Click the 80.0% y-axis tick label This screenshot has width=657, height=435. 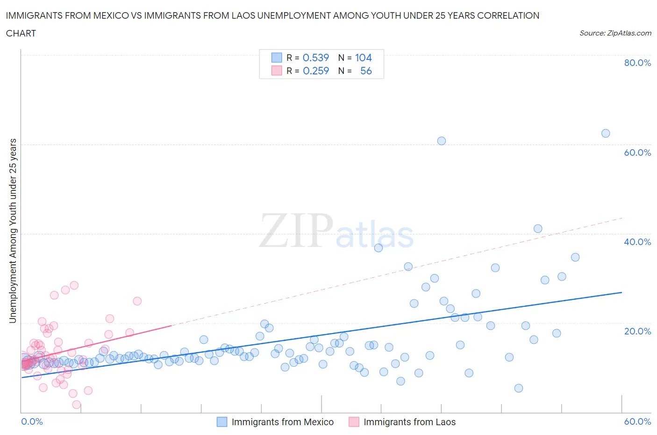(637, 63)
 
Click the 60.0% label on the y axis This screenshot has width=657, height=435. (637, 152)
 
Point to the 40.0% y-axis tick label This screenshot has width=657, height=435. (637, 242)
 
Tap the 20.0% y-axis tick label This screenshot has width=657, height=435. (637, 331)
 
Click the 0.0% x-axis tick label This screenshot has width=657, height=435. (32, 421)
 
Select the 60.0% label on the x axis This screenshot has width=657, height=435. (637, 421)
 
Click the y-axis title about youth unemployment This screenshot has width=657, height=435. (13, 231)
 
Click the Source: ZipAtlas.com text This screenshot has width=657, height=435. (615, 33)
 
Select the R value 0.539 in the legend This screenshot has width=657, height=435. (316, 58)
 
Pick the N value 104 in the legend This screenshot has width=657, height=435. (363, 58)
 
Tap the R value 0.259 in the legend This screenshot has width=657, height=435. (316, 71)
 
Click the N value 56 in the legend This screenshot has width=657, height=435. (366, 71)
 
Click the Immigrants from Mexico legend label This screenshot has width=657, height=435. (282, 422)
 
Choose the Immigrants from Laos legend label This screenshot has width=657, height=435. (409, 422)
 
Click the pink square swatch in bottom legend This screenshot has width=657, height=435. (354, 422)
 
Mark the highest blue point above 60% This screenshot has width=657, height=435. (606, 133)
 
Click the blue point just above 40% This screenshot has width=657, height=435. (538, 229)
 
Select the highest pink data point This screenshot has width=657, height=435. (74, 285)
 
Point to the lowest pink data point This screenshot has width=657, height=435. (77, 405)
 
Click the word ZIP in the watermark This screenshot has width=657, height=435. (296, 230)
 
